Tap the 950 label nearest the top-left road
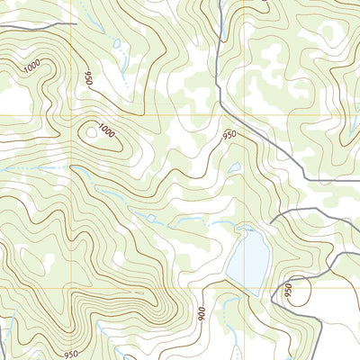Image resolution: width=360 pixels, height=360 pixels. coord(88,79)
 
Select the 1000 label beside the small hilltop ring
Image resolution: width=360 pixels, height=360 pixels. coord(107,132)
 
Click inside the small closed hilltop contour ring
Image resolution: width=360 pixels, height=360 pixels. coord(91,133)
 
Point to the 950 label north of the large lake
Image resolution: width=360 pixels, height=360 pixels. coord(229,136)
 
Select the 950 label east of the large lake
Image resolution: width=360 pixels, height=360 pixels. coord(289,291)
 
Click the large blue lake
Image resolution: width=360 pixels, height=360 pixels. coord(247,256)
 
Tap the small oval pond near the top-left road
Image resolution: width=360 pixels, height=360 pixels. coord(115,42)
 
